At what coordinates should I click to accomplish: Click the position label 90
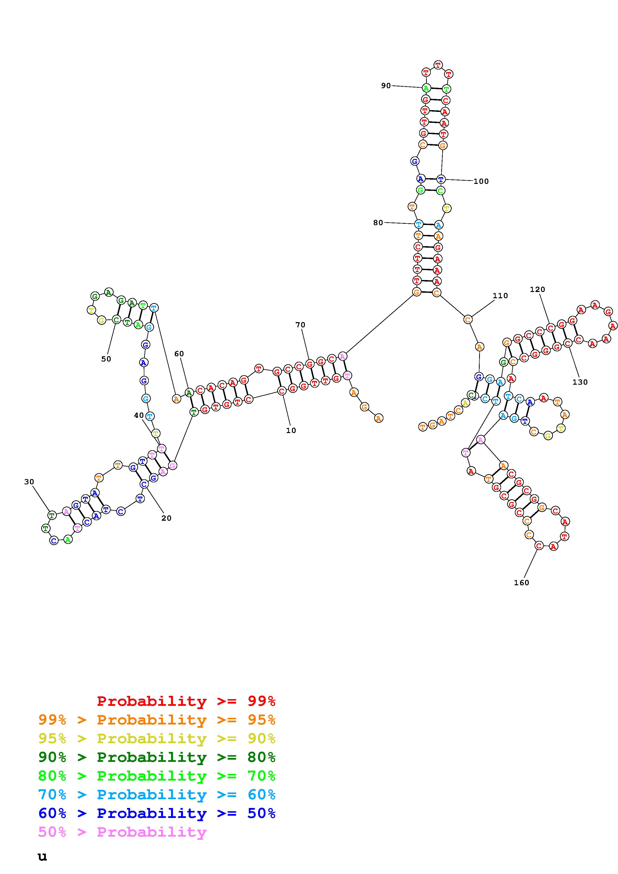386,86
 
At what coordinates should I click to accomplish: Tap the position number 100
481,181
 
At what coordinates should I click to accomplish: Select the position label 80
378,223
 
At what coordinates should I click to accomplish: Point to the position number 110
500,296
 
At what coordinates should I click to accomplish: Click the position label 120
537,289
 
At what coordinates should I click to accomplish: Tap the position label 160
521,583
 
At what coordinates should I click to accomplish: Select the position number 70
300,325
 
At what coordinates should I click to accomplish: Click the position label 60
179,354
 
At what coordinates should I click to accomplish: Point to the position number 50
106,359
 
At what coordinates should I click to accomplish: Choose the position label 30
29,482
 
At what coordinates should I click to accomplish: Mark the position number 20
166,518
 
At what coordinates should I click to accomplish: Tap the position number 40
139,415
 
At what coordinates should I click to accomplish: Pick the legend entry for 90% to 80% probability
157,757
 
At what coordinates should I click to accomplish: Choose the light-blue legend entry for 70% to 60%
157,795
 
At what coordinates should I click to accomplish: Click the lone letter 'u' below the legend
42,857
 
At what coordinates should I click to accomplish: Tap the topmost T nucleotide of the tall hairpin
438,65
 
